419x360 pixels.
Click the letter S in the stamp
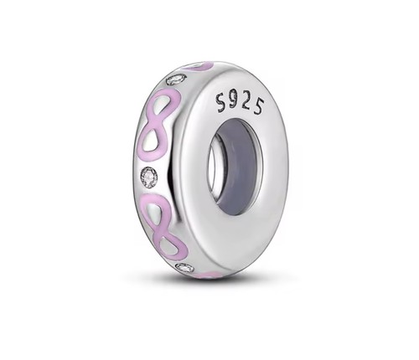[x=222, y=102]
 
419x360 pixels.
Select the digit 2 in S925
[x=246, y=104]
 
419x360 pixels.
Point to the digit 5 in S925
[x=259, y=106]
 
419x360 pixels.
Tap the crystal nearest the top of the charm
[x=176, y=79]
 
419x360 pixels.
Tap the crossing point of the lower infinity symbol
[x=163, y=224]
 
